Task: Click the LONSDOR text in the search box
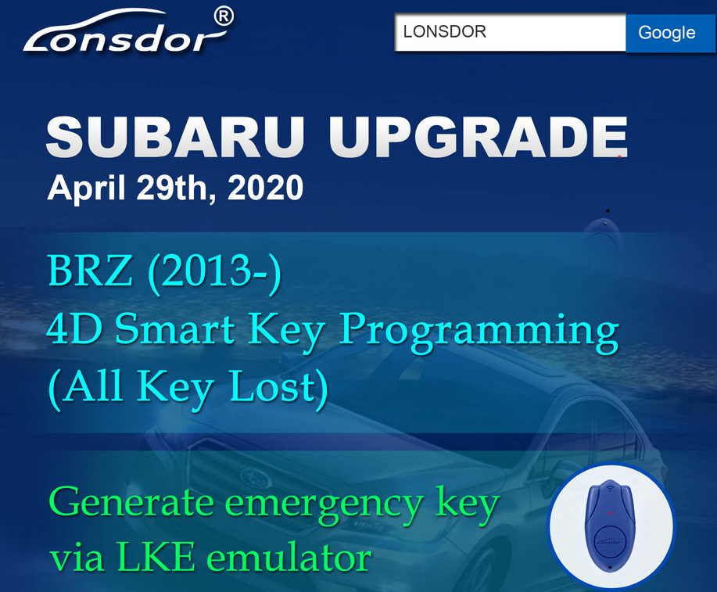[444, 31]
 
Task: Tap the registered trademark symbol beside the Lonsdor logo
[224, 16]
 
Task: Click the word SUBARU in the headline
[176, 136]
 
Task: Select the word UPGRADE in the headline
[479, 136]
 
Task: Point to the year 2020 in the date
[265, 188]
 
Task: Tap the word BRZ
[90, 271]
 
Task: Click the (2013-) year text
[214, 273]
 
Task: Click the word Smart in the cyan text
[174, 328]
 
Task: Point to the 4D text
[74, 328]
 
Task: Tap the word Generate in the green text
[131, 502]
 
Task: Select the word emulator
[289, 557]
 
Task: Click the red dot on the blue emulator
[610, 513]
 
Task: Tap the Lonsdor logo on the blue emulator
[610, 542]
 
